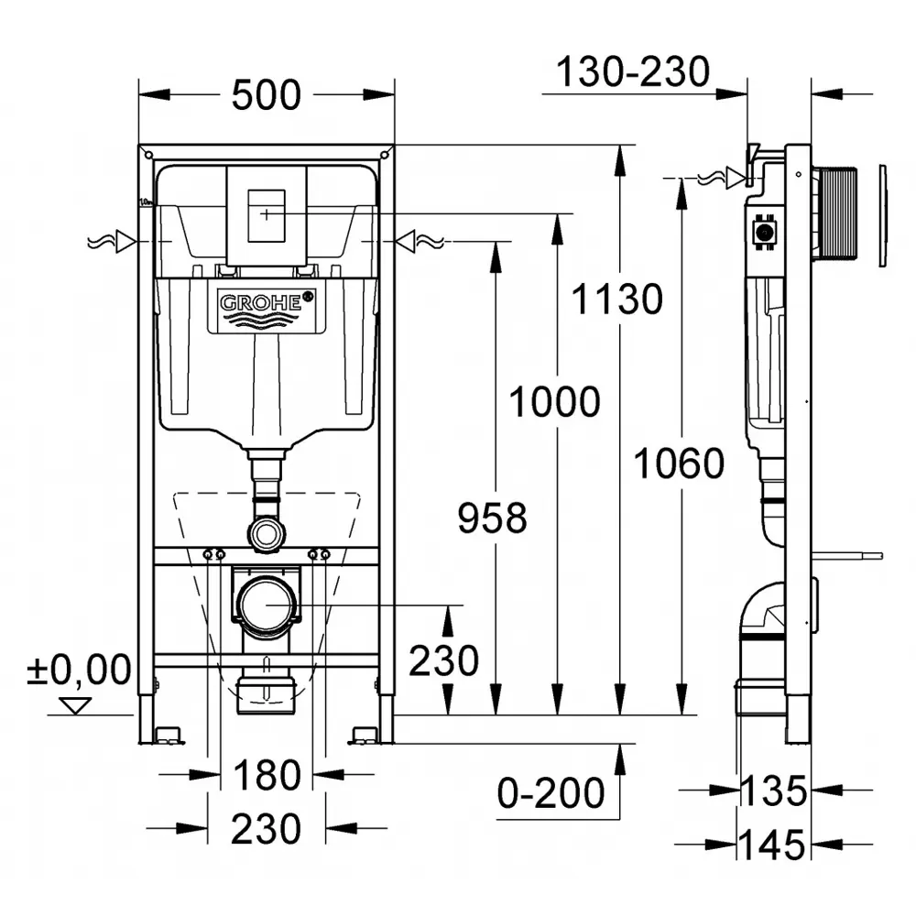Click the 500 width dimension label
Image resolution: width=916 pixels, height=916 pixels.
pyautogui.click(x=267, y=94)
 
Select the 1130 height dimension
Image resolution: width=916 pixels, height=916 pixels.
pyautogui.click(x=616, y=300)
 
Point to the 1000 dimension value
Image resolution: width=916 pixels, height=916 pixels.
pyautogui.click(x=555, y=401)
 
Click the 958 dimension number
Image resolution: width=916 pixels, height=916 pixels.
pyautogui.click(x=492, y=518)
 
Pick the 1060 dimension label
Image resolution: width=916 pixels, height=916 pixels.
pyautogui.click(x=680, y=463)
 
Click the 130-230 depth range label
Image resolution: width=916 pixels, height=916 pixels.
pyautogui.click(x=633, y=71)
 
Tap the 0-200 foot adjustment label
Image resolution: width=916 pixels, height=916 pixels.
pyautogui.click(x=551, y=792)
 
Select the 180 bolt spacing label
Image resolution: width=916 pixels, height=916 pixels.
pyautogui.click(x=267, y=775)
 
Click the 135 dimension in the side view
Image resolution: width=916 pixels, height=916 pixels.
pyautogui.click(x=773, y=791)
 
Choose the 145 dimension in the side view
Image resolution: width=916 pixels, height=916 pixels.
pyautogui.click(x=771, y=845)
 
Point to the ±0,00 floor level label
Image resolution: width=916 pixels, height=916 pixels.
pyautogui.click(x=80, y=670)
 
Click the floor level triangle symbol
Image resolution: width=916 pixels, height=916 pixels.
pyautogui.click(x=76, y=705)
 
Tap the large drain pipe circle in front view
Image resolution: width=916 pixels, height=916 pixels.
pyautogui.click(x=267, y=605)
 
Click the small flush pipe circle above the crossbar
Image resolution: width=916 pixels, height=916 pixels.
pyautogui.click(x=267, y=533)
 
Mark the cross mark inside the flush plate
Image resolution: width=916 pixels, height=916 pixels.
pyautogui.click(x=267, y=214)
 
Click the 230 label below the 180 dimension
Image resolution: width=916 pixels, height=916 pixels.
pyautogui.click(x=266, y=828)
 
